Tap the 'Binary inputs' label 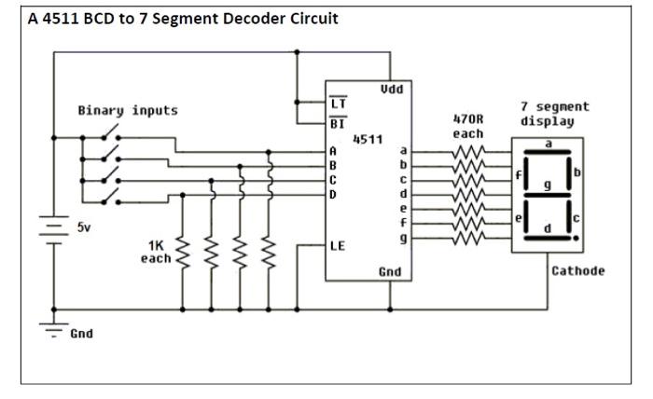[x=127, y=111]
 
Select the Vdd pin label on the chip [x=392, y=89]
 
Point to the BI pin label [x=338, y=122]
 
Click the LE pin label [x=338, y=246]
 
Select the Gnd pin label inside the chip [x=391, y=270]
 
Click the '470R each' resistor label [x=468, y=127]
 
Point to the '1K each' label [x=156, y=251]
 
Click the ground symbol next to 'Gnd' [x=53, y=328]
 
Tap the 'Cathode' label [x=577, y=271]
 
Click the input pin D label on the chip [x=333, y=194]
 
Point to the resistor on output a [x=468, y=150]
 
